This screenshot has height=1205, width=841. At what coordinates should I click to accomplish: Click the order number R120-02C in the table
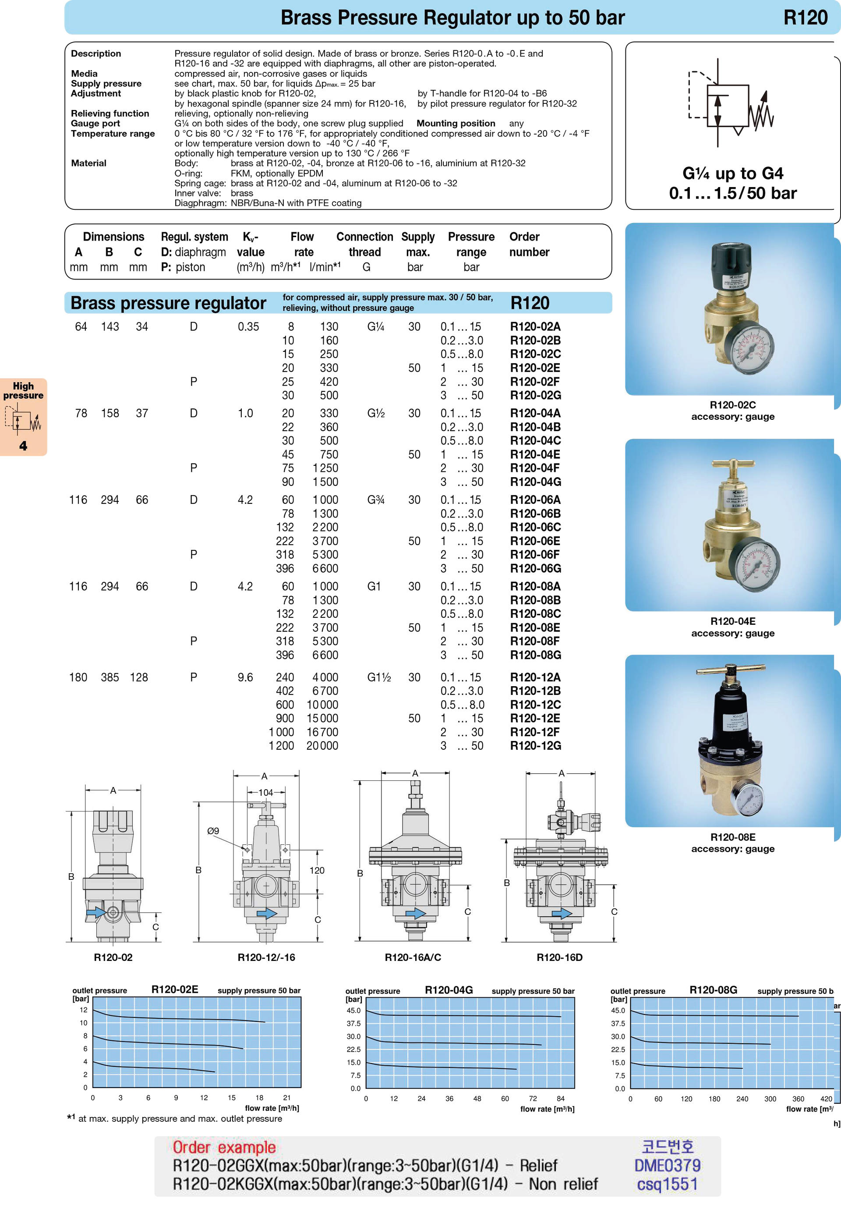535,354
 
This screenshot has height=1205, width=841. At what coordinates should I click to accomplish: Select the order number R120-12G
535,745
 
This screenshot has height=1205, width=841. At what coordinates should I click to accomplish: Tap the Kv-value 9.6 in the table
245,677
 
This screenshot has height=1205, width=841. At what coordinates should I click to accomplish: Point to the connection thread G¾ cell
376,500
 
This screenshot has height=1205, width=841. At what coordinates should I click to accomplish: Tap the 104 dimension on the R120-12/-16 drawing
265,793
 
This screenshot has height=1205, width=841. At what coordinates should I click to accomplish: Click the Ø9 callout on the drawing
213,831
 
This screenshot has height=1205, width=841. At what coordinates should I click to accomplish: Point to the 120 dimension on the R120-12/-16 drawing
316,870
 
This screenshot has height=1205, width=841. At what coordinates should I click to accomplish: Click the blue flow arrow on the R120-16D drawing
562,913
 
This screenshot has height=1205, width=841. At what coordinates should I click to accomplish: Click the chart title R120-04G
449,990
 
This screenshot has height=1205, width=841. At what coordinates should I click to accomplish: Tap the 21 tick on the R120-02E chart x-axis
286,1097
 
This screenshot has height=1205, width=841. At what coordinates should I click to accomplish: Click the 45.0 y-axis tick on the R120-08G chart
618,1010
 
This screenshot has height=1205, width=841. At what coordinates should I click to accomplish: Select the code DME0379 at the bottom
668,1165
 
